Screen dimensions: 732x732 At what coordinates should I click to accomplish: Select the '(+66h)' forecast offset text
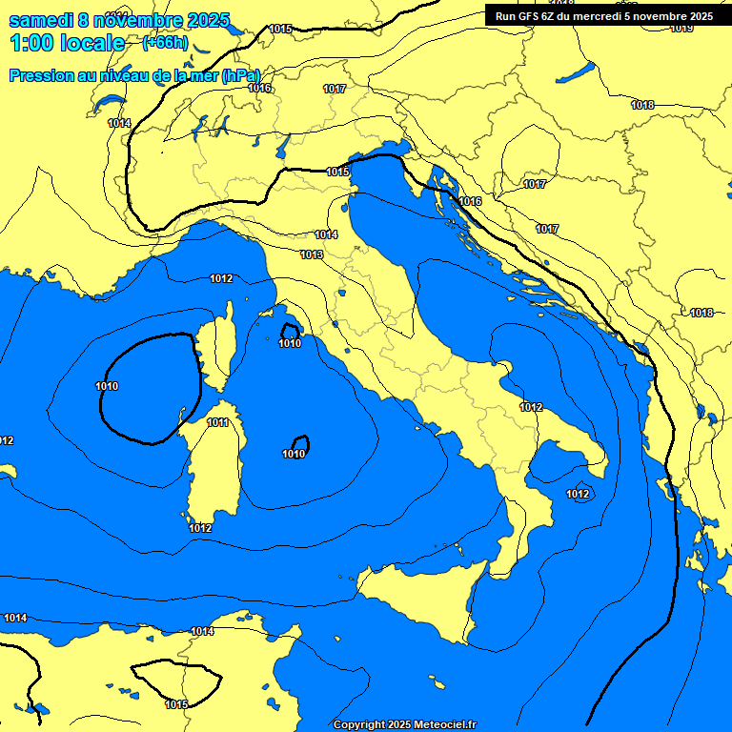(x=165, y=43)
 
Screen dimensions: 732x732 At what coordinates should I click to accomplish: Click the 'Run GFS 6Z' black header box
(x=604, y=15)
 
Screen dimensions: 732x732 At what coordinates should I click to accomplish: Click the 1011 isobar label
(x=217, y=423)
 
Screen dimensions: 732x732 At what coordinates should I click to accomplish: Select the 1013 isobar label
(x=311, y=254)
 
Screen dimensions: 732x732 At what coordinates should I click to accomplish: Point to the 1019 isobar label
(x=681, y=29)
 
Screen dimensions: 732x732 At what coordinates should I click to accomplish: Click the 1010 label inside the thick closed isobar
(x=107, y=386)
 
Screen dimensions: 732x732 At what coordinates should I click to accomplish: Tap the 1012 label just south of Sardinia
(x=200, y=528)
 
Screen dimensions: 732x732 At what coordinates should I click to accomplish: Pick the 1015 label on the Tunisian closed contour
(x=176, y=704)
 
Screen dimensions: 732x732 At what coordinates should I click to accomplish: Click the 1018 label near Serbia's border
(x=702, y=313)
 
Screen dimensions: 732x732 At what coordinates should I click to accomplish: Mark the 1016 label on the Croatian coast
(x=470, y=202)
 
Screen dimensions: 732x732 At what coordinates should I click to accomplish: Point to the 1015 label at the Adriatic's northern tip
(x=337, y=172)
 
